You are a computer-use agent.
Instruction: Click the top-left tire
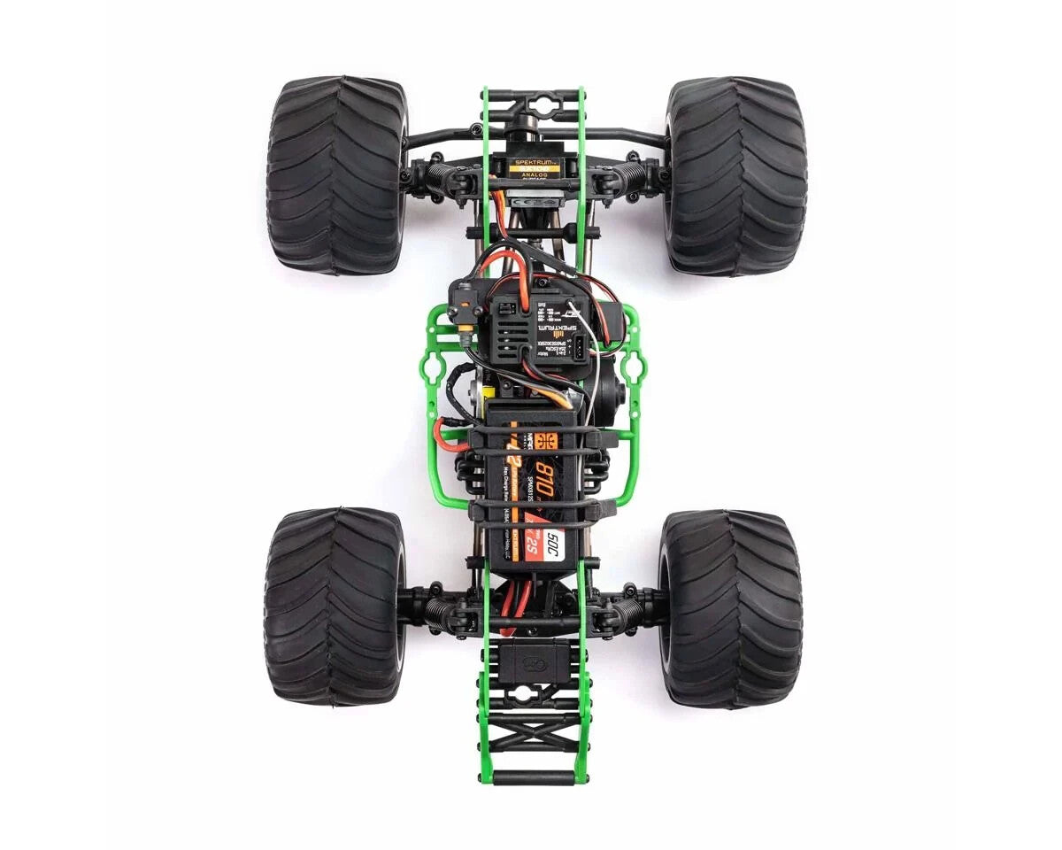(336, 175)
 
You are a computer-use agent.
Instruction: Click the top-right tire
(736, 175)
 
